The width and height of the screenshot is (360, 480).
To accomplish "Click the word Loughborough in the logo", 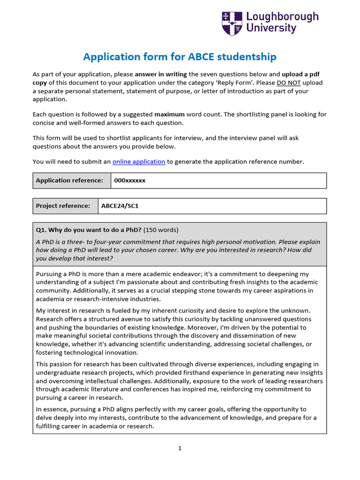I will [x=282, y=17].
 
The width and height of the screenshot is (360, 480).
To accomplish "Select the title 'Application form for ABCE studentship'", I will [x=180, y=57].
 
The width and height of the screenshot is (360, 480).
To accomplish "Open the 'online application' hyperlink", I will [x=139, y=162].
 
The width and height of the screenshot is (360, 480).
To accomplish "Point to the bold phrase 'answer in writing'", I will [x=161, y=74].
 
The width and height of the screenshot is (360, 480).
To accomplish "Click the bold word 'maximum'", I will [x=169, y=114].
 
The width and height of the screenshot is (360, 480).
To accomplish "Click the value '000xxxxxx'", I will [x=130, y=180].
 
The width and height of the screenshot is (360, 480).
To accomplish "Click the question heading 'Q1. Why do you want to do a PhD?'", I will [x=89, y=230].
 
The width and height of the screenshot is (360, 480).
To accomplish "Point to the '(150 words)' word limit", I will [x=161, y=230].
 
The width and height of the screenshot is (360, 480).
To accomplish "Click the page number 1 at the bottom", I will [x=180, y=448].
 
